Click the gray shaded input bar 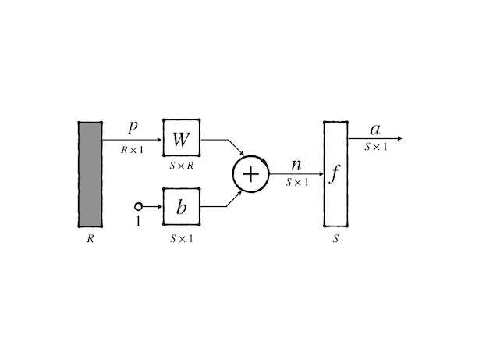point(90,173)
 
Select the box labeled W point(181,139)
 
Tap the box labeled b point(181,207)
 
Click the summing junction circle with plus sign point(250,173)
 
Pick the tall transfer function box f point(335,173)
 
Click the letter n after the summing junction point(296,165)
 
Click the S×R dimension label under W point(181,165)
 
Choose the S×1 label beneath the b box point(181,238)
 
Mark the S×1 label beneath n point(297,183)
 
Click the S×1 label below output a point(376,145)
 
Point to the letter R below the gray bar point(90,238)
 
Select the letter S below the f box point(335,238)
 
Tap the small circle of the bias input point(139,206)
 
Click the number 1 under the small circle point(139,221)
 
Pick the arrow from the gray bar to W point(133,139)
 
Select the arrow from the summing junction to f point(296,173)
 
